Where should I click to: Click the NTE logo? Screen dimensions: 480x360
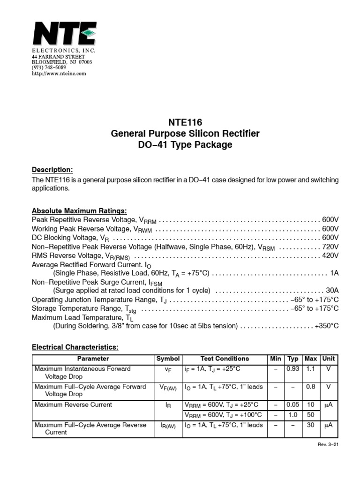64,34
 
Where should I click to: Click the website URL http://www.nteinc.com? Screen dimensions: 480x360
59,74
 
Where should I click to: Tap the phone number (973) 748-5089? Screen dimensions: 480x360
49,67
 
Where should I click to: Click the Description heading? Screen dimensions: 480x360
52,170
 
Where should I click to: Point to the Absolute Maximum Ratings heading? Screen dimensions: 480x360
79,210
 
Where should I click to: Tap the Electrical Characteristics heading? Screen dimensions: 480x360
75,347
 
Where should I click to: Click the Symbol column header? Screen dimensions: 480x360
168,359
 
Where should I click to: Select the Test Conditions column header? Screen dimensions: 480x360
225,359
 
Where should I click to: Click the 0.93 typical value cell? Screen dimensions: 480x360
293,369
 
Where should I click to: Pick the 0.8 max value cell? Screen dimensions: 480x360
310,387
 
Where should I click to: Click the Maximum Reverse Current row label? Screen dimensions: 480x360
73,405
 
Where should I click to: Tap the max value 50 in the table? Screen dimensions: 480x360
310,414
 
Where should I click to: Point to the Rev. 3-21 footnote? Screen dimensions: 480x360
327,444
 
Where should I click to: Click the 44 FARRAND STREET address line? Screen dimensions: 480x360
58,56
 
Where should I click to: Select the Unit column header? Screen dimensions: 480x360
329,359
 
